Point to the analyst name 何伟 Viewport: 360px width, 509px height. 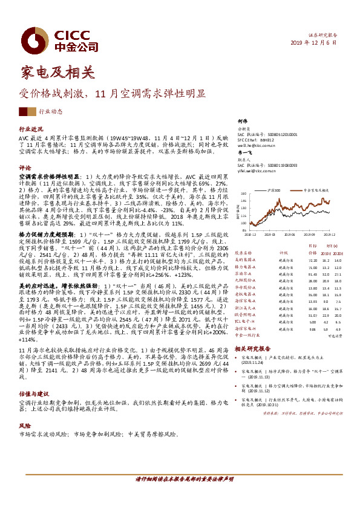point(243,122)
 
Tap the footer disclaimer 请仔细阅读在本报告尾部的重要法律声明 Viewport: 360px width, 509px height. point(180,479)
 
